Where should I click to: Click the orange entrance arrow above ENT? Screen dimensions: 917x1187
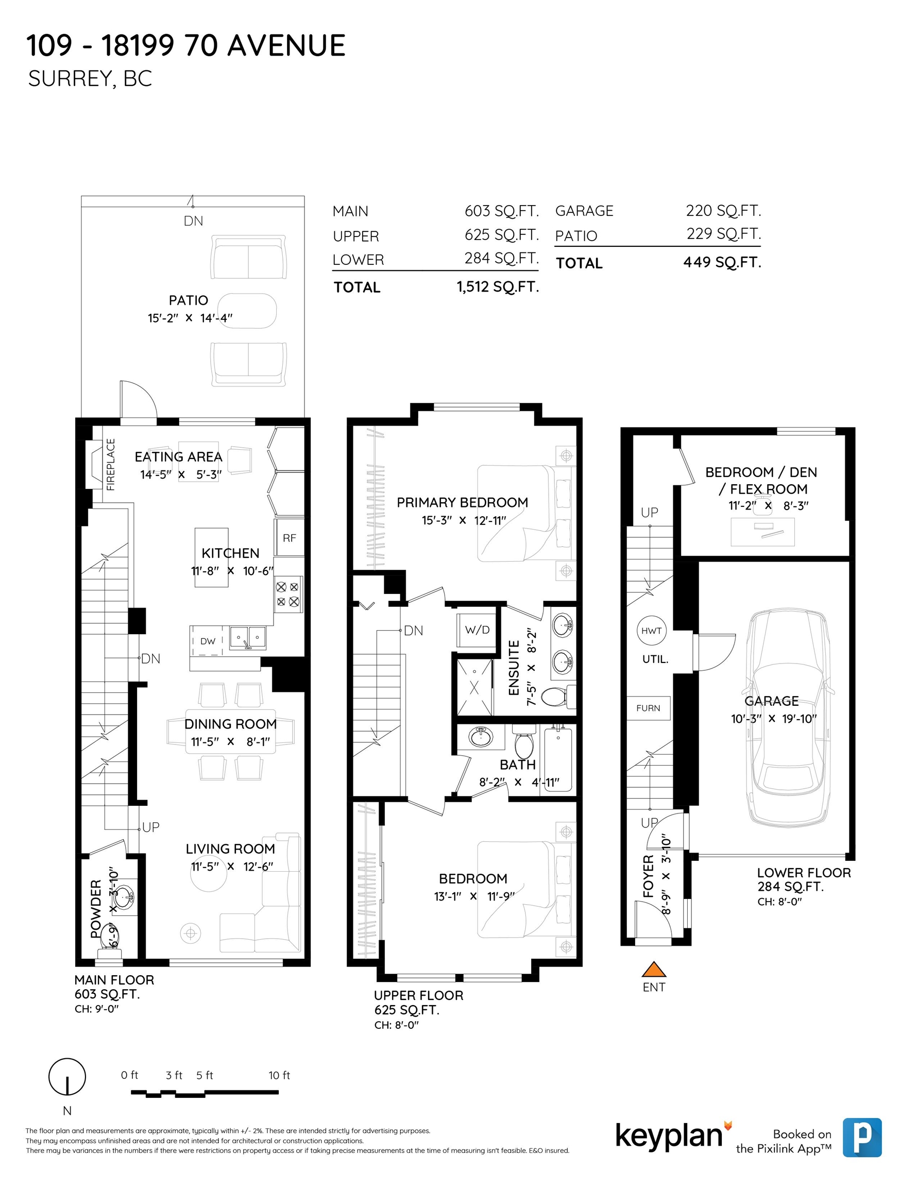coord(653,969)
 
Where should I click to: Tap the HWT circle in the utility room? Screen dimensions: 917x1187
coord(651,631)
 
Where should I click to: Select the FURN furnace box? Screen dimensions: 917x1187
coord(649,708)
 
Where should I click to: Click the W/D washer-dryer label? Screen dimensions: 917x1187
coord(477,630)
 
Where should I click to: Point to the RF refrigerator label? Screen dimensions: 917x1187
coord(289,538)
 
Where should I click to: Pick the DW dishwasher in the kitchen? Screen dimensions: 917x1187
coord(208,641)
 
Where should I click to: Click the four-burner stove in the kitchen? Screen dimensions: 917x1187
coord(288,594)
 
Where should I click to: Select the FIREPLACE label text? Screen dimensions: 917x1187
coord(110,464)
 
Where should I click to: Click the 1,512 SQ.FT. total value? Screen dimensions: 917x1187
coord(498,287)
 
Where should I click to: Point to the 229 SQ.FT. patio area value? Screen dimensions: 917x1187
coord(723,234)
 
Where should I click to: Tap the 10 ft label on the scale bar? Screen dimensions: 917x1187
coord(279,1075)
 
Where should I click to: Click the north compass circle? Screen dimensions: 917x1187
coord(67,1077)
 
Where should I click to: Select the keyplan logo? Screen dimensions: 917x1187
coord(673,1136)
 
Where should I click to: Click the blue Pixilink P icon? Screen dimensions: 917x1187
coord(862,1138)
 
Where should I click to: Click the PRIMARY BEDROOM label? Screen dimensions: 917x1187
coord(463,502)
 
